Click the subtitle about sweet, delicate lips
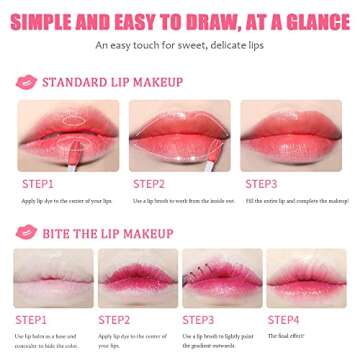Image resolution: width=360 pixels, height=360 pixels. (x=180, y=45)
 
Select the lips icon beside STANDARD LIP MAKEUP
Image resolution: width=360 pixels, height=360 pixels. (x=26, y=82)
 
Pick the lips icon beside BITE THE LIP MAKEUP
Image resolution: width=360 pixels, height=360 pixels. (x=26, y=232)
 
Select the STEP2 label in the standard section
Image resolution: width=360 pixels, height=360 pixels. (x=149, y=184)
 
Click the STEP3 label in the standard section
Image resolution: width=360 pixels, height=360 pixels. (x=262, y=184)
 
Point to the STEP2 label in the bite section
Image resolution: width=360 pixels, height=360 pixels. (x=115, y=321)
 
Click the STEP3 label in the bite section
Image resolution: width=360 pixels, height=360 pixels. (x=199, y=321)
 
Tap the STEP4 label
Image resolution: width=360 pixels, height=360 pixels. (x=283, y=321)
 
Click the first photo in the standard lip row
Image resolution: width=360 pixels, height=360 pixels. (x=68, y=135)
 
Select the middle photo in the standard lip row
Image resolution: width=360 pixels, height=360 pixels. (x=180, y=135)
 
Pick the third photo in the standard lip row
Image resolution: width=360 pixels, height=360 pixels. (x=292, y=135)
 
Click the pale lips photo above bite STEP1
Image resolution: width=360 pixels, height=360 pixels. (x=53, y=278)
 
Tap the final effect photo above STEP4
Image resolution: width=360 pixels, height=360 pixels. (x=306, y=278)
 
